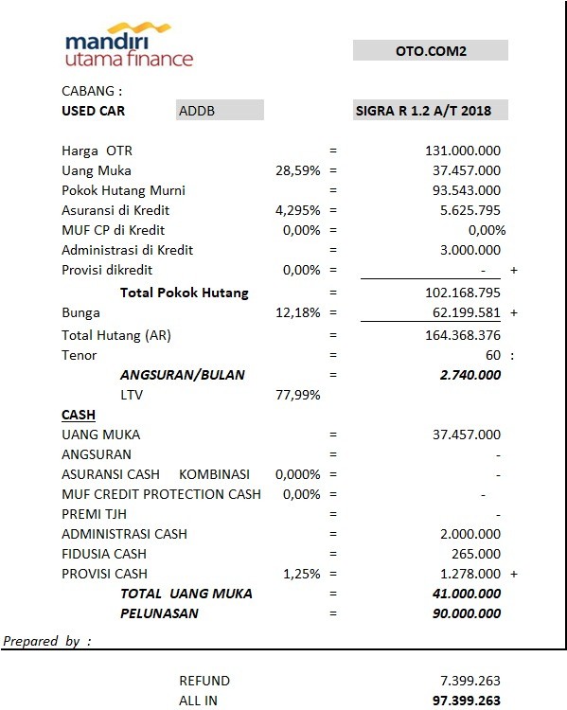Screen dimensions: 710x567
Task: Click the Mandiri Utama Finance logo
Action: click(x=129, y=47)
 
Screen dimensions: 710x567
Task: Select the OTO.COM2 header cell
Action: click(x=431, y=50)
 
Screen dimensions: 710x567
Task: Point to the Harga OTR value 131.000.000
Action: click(x=463, y=151)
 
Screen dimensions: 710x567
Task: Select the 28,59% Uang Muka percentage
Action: click(x=297, y=170)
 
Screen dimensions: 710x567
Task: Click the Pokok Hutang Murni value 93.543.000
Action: click(x=463, y=190)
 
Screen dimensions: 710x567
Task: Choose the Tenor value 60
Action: click(x=491, y=355)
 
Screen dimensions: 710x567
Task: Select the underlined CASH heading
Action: click(x=78, y=415)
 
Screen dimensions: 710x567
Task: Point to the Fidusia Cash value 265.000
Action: click(x=477, y=554)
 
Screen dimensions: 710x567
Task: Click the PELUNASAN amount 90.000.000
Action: click(x=463, y=613)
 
